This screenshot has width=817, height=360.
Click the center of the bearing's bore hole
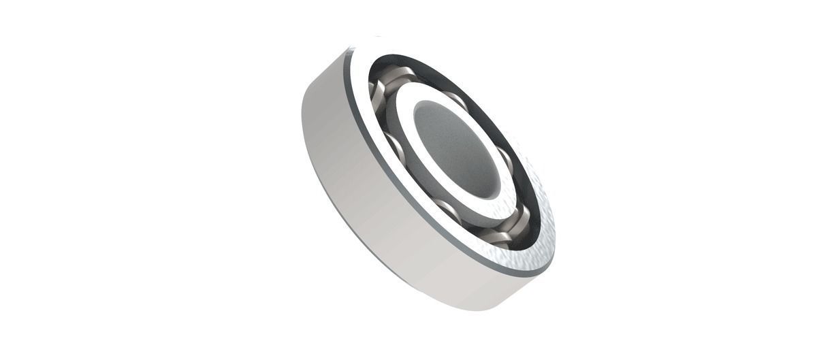tap(454, 146)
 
